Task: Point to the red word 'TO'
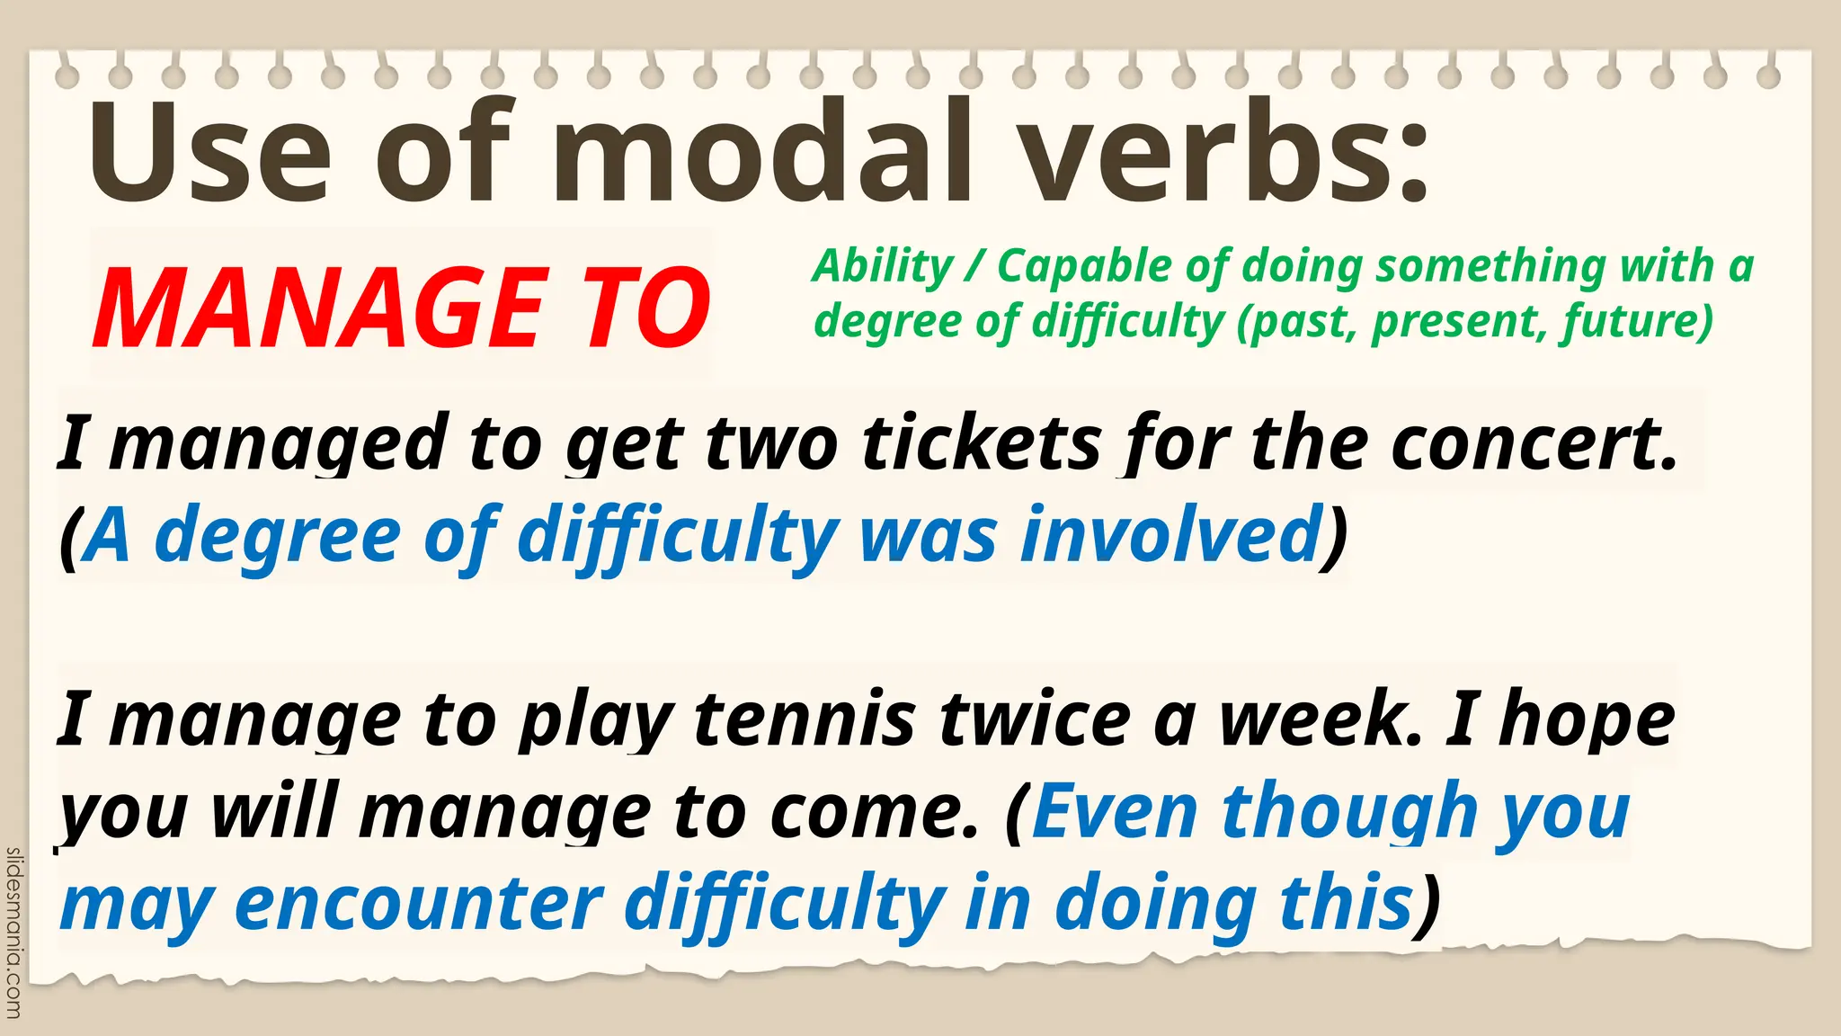646,308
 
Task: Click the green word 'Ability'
882,267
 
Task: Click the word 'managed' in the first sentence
279,445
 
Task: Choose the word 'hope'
1588,721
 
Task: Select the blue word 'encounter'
418,904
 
